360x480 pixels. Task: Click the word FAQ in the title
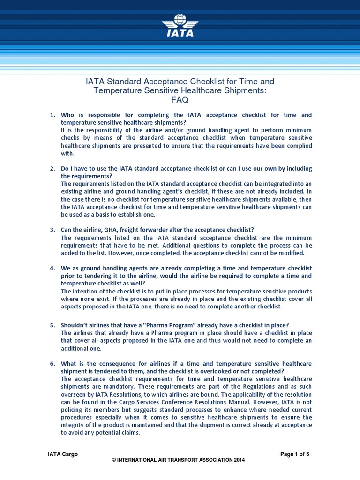tap(180, 100)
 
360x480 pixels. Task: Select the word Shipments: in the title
tap(241, 90)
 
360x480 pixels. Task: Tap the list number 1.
tap(52, 115)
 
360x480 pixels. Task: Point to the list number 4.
tap(52, 268)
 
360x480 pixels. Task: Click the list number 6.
tap(52, 364)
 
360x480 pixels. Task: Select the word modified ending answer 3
tap(291, 253)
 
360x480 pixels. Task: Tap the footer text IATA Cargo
tap(63, 454)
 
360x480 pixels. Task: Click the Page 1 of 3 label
tap(294, 454)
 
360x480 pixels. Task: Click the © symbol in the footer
tap(114, 460)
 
